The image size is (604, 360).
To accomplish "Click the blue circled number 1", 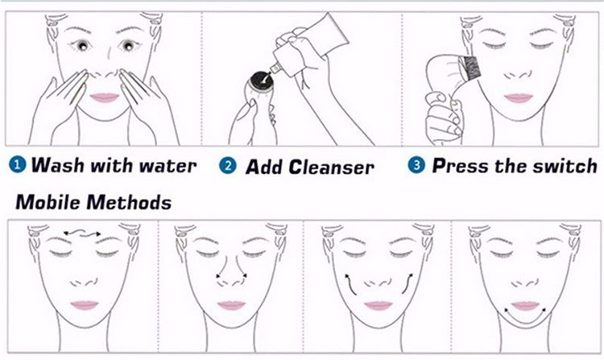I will click(x=17, y=166).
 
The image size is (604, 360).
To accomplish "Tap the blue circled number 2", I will click(x=229, y=166).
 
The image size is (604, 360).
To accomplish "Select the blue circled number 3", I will click(x=416, y=166).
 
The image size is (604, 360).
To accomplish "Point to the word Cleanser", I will click(x=332, y=168).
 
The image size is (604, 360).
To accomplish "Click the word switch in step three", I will click(x=564, y=166).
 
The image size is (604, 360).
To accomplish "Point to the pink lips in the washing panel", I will click(x=104, y=98).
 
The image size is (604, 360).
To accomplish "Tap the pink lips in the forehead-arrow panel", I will click(x=83, y=305).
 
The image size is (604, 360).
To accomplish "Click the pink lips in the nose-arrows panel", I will click(x=231, y=305).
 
